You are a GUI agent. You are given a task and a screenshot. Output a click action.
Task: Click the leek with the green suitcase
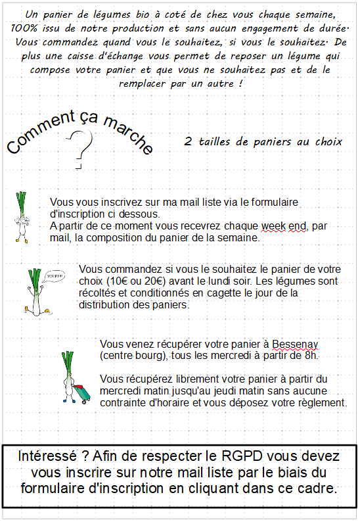(74, 377)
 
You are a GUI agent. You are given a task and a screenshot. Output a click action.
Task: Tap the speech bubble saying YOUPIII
(55, 276)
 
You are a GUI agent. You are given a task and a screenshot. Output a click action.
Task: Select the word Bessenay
(295, 344)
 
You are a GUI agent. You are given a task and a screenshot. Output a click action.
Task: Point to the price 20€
(155, 281)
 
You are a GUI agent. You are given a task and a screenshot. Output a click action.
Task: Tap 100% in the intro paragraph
(24, 29)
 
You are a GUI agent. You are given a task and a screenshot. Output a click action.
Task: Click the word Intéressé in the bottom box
(47, 456)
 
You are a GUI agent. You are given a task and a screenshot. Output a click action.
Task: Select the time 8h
(311, 356)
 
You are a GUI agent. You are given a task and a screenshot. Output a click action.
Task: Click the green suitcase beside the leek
(82, 394)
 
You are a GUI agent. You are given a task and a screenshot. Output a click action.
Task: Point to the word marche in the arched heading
(128, 134)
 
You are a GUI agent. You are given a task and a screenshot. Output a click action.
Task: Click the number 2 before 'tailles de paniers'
(188, 141)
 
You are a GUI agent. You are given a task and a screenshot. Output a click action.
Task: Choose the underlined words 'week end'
(284, 226)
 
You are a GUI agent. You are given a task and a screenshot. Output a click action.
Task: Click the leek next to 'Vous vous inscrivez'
(22, 217)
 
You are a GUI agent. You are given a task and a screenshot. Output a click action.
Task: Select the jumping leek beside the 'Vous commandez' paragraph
(37, 292)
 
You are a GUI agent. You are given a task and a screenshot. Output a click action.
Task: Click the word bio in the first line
(143, 14)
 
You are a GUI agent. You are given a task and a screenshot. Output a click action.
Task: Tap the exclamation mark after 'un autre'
(240, 83)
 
